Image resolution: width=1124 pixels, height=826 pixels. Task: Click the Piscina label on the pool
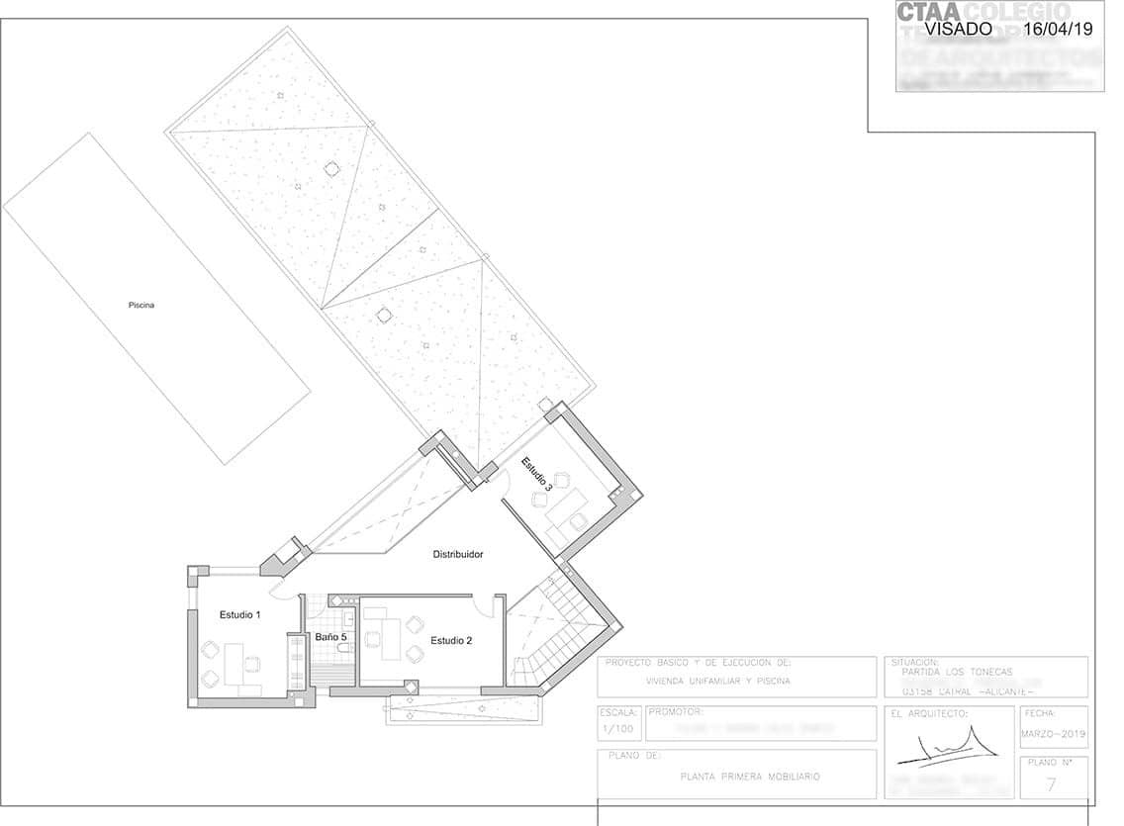141,306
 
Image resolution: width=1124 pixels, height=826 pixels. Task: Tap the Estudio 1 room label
239,615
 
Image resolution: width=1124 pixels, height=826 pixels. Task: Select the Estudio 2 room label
451,641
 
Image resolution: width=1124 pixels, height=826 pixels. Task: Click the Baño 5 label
331,638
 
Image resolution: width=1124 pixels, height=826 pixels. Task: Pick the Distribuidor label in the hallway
458,555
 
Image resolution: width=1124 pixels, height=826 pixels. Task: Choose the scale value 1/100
618,729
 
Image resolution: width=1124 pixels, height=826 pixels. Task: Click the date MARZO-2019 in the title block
1053,734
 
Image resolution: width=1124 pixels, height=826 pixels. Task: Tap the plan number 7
1051,785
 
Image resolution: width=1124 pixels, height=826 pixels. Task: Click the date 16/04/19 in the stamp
1058,29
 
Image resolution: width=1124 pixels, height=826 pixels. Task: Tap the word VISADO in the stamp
958,29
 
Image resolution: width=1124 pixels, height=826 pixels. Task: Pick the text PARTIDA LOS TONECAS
951,673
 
